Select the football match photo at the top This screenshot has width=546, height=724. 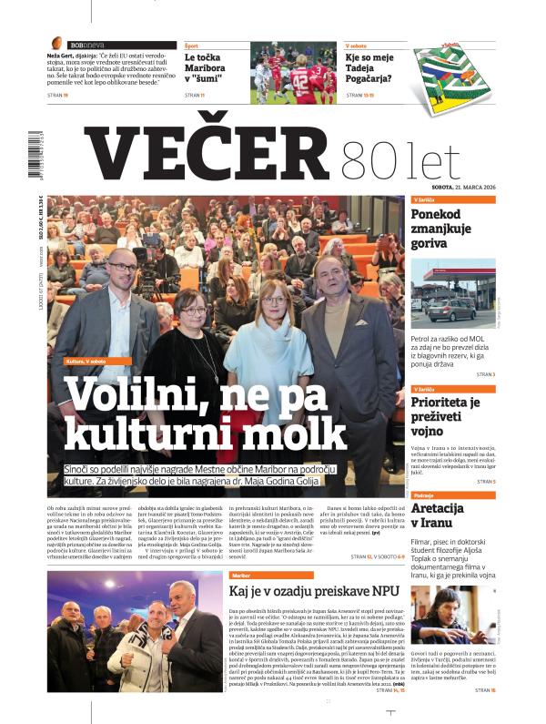[x=292, y=74]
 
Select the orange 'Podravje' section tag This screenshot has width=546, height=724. [x=423, y=495]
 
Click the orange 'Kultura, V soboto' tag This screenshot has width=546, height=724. [x=90, y=361]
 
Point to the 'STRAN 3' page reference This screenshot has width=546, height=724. [x=481, y=374]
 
